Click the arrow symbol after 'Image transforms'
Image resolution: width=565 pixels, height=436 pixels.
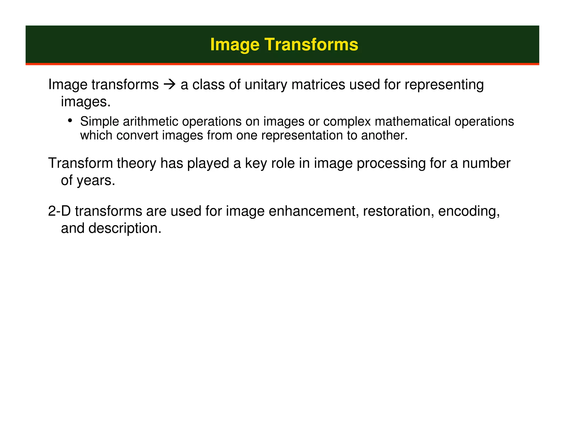[x=169, y=84]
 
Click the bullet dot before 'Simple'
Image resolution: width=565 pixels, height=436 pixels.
[x=70, y=120]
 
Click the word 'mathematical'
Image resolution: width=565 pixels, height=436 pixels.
[x=413, y=122]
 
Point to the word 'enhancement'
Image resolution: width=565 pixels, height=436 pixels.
[x=314, y=211]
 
